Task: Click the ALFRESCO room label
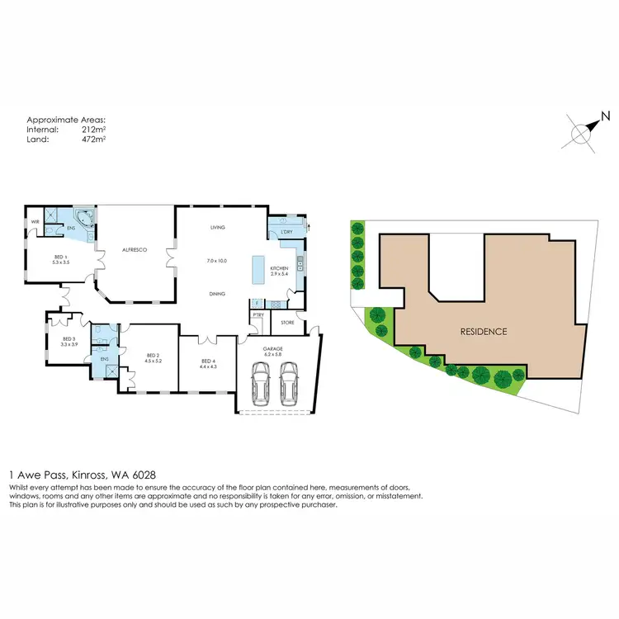(135, 249)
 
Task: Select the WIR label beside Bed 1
(35, 222)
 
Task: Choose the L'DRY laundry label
(287, 232)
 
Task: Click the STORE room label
(287, 322)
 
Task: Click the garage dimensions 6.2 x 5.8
(273, 355)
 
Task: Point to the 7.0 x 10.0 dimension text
(216, 261)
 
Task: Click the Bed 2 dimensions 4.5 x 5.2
(153, 361)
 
